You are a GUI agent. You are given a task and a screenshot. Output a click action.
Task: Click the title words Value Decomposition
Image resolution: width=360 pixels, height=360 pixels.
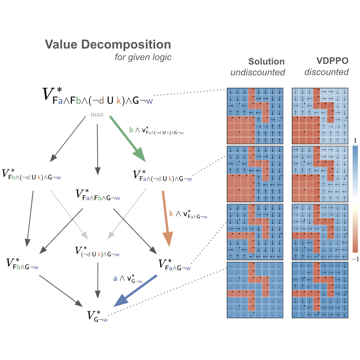click(108, 44)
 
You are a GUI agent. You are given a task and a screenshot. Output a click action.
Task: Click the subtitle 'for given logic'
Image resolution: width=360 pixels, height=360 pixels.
click(143, 57)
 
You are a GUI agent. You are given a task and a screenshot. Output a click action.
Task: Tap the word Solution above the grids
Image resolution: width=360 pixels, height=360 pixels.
click(266, 61)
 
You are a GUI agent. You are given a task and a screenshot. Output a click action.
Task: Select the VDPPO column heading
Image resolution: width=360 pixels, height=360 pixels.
click(332, 61)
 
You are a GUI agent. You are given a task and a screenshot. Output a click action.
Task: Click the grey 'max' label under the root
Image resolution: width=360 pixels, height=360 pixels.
click(97, 114)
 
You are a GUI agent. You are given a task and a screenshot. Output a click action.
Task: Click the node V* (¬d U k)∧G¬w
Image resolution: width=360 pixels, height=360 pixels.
click(97, 252)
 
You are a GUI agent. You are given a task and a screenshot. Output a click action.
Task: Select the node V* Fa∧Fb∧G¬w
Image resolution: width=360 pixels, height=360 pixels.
click(98, 195)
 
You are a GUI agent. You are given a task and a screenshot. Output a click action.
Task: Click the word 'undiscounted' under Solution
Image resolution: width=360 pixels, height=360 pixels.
click(257, 72)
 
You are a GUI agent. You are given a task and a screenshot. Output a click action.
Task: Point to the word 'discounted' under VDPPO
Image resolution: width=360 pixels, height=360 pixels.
click(326, 72)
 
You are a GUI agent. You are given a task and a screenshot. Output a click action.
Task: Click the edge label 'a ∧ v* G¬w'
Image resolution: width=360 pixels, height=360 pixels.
click(127, 278)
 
